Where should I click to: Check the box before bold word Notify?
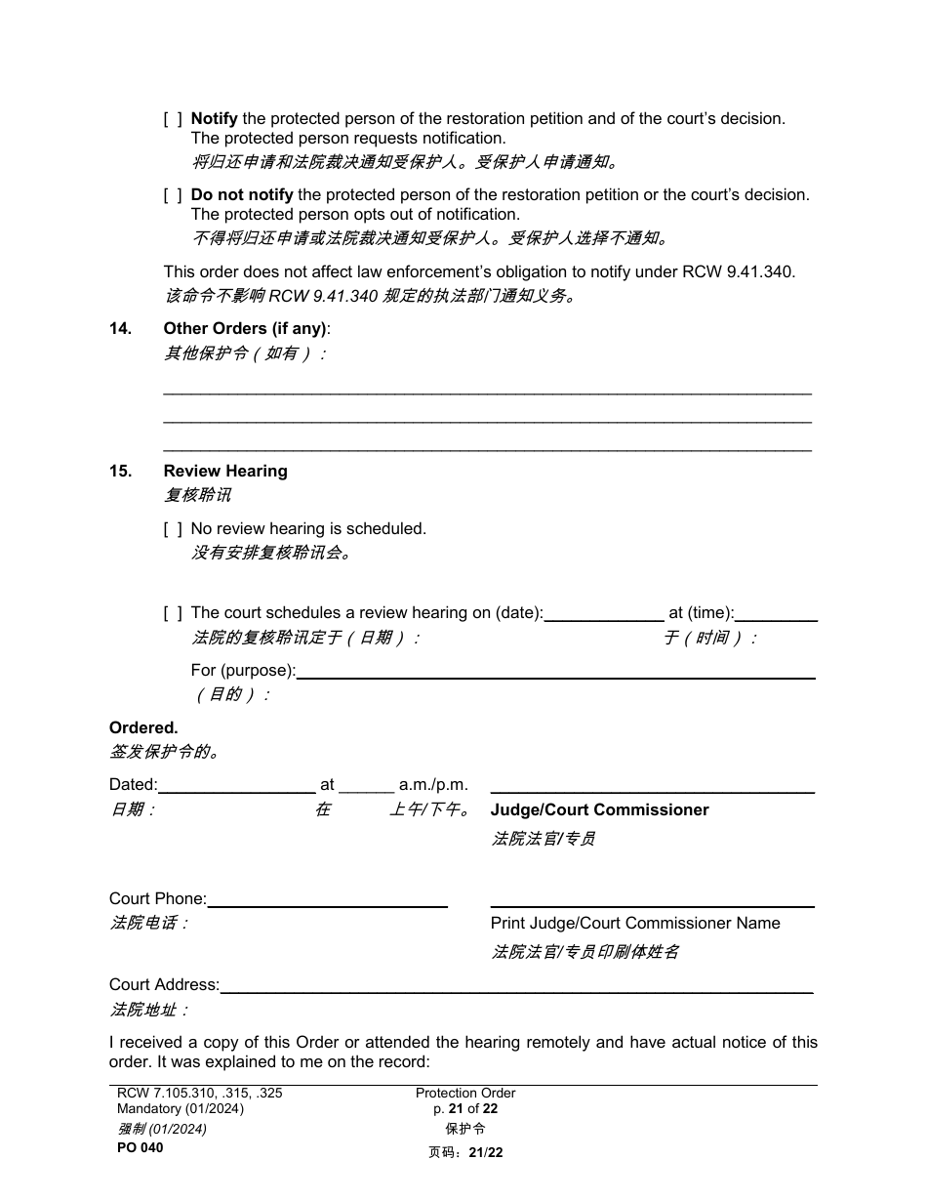(173, 119)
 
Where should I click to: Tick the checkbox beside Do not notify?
(173, 195)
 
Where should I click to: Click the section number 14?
(120, 329)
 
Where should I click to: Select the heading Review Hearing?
(225, 472)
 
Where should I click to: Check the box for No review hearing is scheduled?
(173, 529)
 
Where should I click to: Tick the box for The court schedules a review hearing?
(173, 613)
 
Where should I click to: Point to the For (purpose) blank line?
(555, 672)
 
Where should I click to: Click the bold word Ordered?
(143, 728)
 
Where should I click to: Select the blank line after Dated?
(236, 785)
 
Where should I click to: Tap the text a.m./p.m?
(433, 785)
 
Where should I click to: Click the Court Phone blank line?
(327, 900)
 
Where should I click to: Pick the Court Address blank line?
(517, 986)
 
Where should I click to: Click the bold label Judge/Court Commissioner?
(599, 810)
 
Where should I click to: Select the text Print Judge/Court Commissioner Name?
(635, 924)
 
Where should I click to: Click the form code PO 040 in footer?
(141, 1148)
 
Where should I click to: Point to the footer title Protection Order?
(465, 1094)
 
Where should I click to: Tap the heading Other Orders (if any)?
(247, 329)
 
